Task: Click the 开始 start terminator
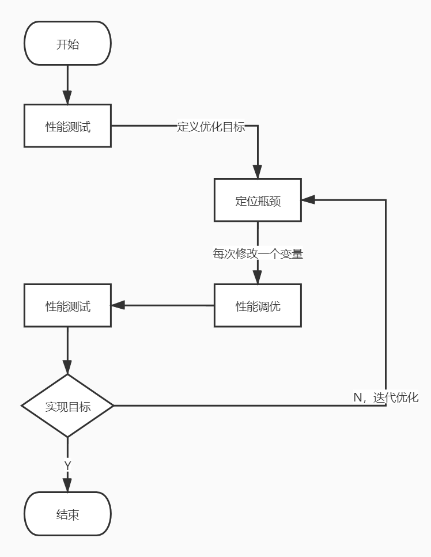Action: click(x=67, y=44)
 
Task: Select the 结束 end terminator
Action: click(x=67, y=514)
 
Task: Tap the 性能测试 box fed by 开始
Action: click(x=67, y=126)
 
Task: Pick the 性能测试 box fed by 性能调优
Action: click(x=67, y=305)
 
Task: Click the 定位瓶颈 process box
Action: click(x=258, y=200)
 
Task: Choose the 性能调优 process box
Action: click(x=258, y=305)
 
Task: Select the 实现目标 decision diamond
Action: click(x=67, y=406)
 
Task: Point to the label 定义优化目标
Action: click(x=211, y=126)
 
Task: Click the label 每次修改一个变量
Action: click(x=258, y=253)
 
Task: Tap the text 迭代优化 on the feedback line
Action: click(x=396, y=397)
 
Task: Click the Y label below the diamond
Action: click(x=67, y=465)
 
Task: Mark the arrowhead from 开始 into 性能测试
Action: click(x=67, y=98)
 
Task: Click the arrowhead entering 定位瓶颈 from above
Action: click(x=258, y=172)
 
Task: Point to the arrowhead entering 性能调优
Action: click(x=258, y=278)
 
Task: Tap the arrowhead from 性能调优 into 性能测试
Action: click(x=118, y=305)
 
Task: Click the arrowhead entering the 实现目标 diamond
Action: click(x=67, y=367)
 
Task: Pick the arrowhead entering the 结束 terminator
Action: click(x=67, y=485)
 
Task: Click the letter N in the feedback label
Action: click(x=357, y=397)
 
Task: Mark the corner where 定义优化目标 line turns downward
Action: click(x=258, y=126)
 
